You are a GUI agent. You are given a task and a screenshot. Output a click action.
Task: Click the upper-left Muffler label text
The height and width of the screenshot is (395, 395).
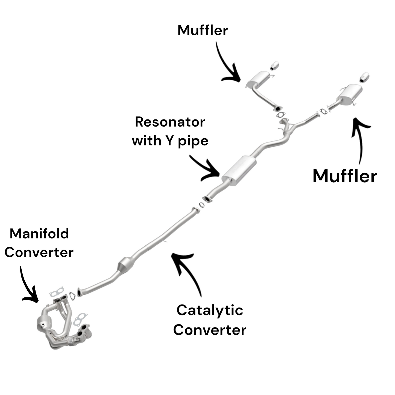click(x=203, y=30)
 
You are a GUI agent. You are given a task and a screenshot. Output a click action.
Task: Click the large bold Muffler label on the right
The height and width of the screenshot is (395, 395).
click(x=345, y=176)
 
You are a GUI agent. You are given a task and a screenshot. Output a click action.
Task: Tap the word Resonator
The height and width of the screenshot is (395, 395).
click(x=170, y=122)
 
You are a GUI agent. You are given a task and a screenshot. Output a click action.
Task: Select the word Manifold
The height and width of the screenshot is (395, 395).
click(x=39, y=234)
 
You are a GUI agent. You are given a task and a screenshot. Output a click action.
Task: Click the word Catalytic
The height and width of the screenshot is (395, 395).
click(x=210, y=310)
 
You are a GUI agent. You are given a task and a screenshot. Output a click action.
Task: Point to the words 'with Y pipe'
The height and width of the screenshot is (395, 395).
click(x=170, y=141)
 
